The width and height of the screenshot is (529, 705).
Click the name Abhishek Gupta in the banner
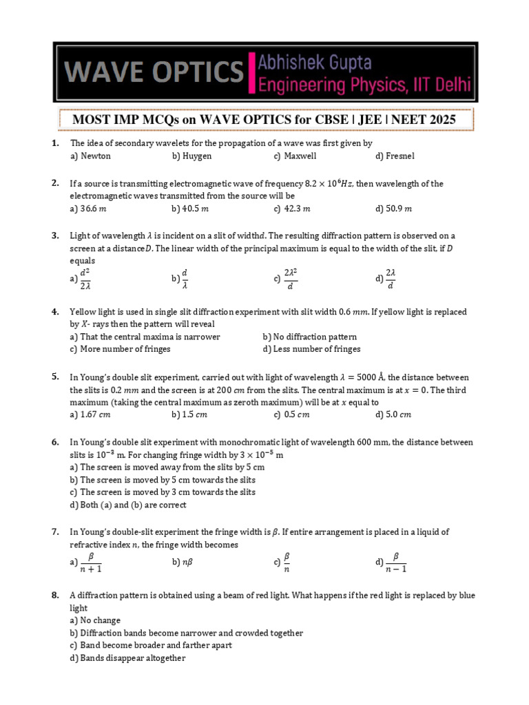tap(315, 63)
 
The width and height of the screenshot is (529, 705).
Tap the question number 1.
tap(54, 143)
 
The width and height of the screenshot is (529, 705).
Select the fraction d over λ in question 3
tap(184, 279)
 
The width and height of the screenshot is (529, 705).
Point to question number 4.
tap(54, 312)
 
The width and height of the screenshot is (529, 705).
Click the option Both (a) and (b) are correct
tap(128, 505)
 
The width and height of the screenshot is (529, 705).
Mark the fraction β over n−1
tap(396, 562)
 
